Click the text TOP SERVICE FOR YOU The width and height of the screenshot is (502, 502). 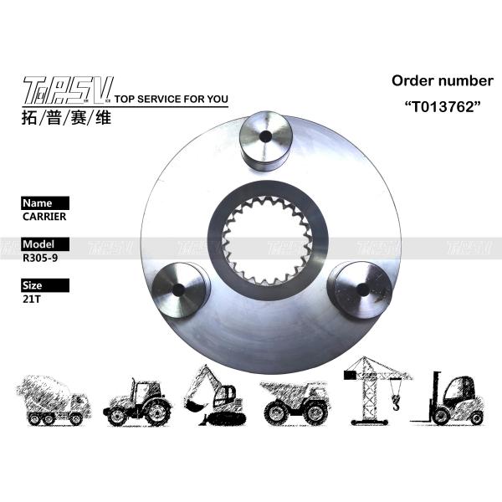(x=171, y=100)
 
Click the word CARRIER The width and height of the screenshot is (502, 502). (x=44, y=216)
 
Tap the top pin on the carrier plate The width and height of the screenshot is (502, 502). (x=265, y=141)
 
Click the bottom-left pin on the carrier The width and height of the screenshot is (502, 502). (x=180, y=289)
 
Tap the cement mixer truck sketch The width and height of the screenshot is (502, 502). (x=53, y=400)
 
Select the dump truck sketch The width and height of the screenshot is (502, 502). (x=295, y=400)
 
